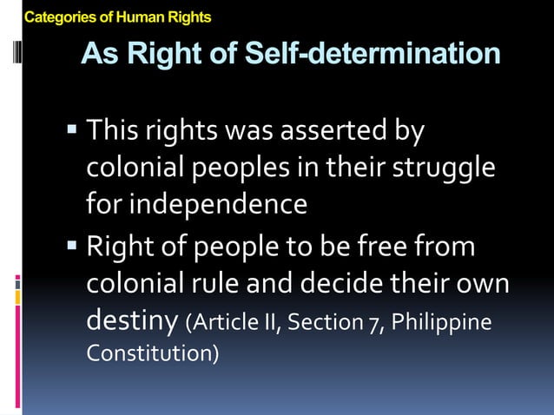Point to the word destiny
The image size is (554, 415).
tap(133, 321)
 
